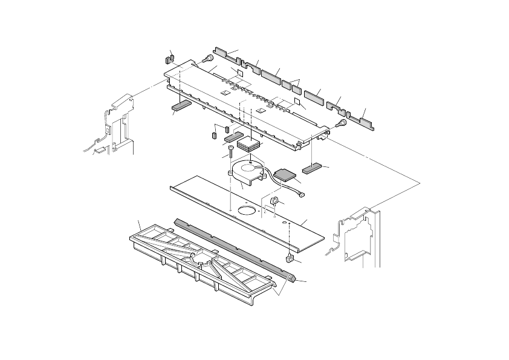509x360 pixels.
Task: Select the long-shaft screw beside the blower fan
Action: coord(231,155)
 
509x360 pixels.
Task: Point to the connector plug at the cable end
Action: coord(301,195)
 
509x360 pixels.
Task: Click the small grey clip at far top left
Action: coord(169,59)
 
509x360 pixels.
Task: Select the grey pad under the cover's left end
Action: coord(181,107)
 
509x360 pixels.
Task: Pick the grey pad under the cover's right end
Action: coord(313,168)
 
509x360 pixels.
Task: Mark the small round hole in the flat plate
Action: coord(284,223)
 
